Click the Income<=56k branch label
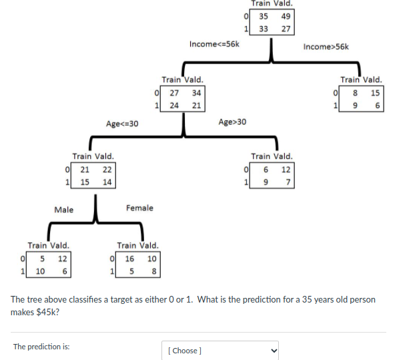214,44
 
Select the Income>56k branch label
326,47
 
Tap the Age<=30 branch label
122,123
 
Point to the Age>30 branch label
232,122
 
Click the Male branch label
64,210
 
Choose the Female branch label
139,208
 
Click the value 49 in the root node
286,16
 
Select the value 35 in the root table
264,16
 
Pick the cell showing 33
264,29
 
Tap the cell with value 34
196,92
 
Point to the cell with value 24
173,105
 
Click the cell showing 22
107,169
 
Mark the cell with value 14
107,182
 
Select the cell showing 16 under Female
129,258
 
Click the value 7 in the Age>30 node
286,182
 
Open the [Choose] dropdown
220,350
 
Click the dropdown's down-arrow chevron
272,350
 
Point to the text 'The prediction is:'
41,347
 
